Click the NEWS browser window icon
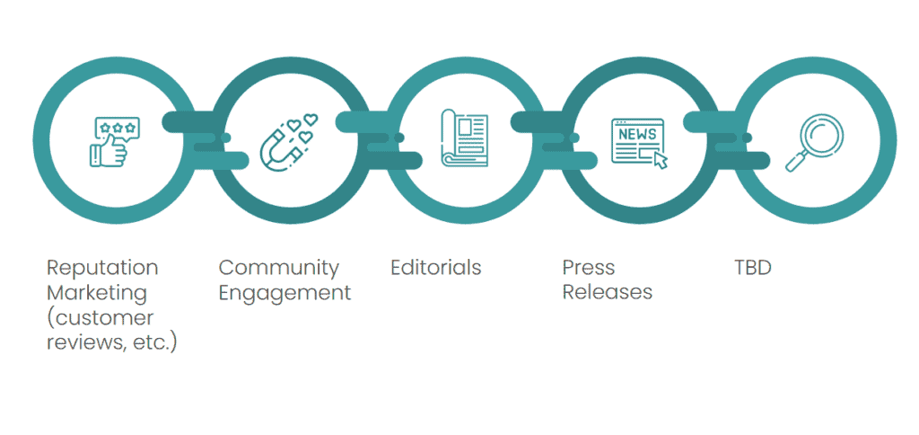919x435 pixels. (638, 142)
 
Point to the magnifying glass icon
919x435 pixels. (814, 142)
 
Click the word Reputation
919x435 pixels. (102, 268)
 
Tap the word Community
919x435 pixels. (279, 268)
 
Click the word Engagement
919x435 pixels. (285, 293)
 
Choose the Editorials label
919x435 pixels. (436, 268)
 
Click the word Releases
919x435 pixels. (608, 293)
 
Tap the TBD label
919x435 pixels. (753, 268)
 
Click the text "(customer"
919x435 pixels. (101, 318)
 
